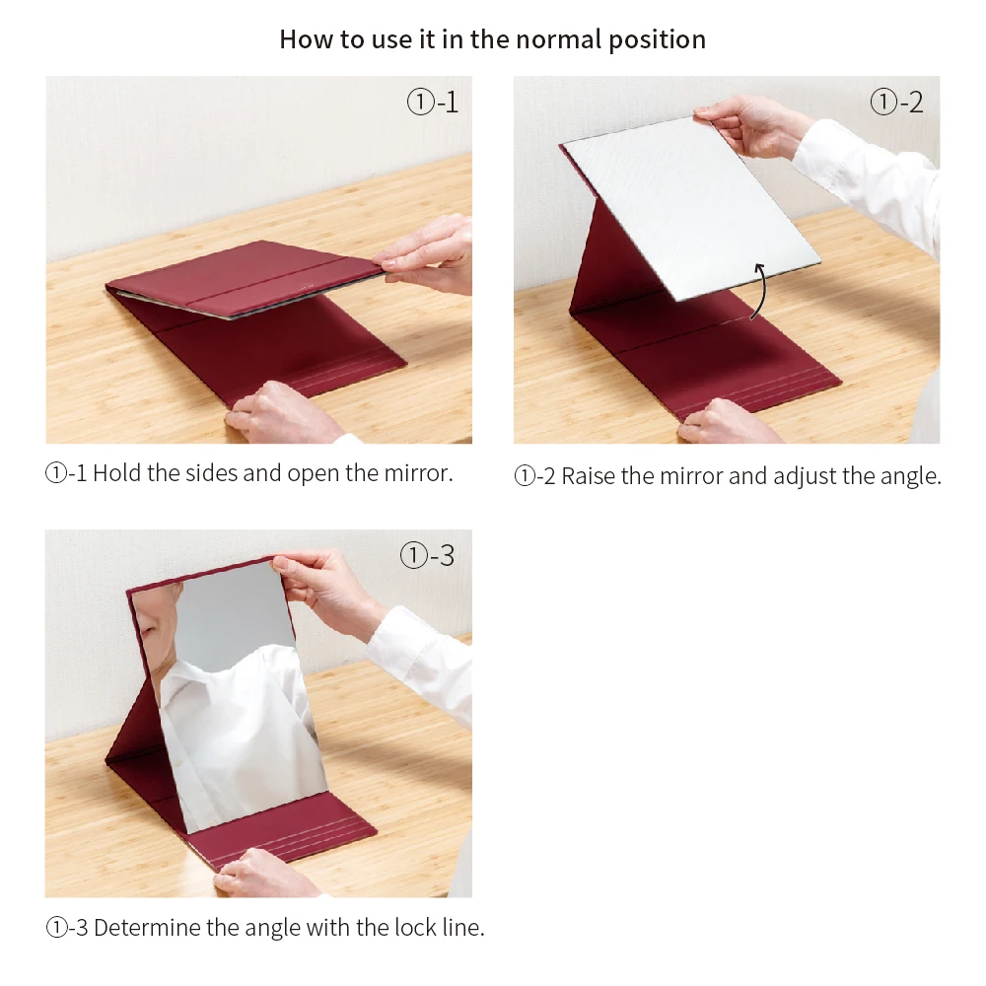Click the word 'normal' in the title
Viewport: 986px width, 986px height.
(x=558, y=39)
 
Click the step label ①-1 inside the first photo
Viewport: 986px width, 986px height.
(x=433, y=102)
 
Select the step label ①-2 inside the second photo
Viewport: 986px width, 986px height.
(x=896, y=102)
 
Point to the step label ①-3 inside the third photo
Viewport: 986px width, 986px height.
(x=427, y=555)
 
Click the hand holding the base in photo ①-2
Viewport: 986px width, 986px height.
(x=730, y=421)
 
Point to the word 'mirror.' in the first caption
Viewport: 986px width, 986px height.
(x=418, y=473)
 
